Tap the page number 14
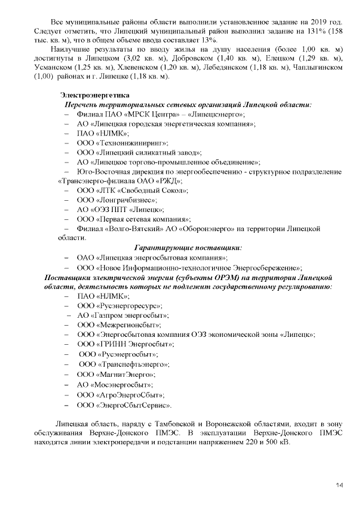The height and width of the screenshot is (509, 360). (x=339, y=485)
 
